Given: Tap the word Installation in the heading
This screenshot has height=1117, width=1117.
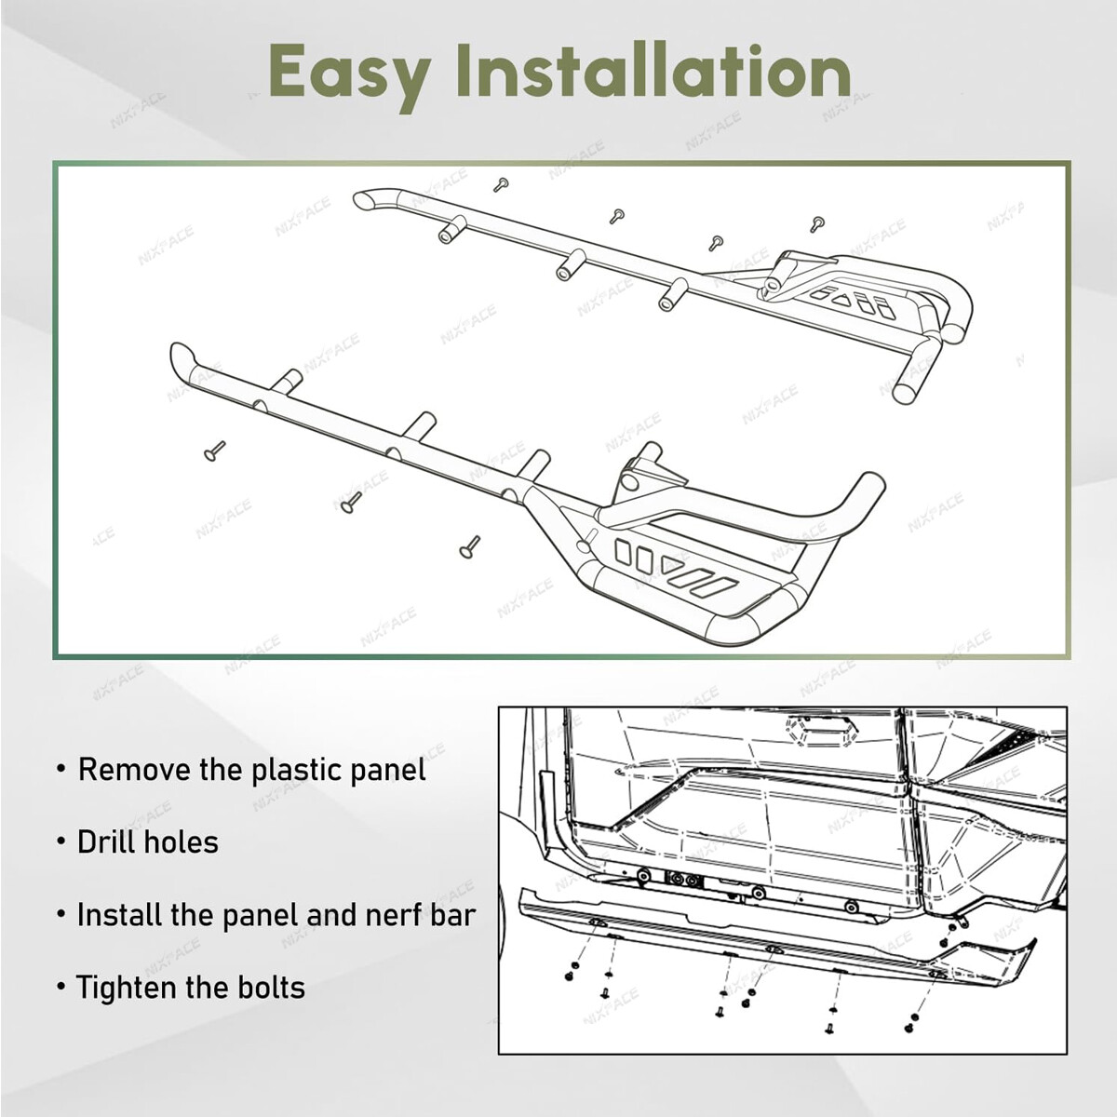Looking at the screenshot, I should [656, 71].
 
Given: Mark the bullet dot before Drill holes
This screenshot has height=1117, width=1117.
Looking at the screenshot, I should [61, 842].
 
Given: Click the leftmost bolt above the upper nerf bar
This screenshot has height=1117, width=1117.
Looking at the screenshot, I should [500, 183].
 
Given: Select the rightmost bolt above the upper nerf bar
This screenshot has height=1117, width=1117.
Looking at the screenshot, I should [817, 222].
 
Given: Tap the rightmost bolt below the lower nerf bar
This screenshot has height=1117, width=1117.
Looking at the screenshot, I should [469, 547].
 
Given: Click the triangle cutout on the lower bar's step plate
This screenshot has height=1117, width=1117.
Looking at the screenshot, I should [668, 562].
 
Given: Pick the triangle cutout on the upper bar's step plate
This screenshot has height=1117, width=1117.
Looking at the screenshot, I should [840, 298].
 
